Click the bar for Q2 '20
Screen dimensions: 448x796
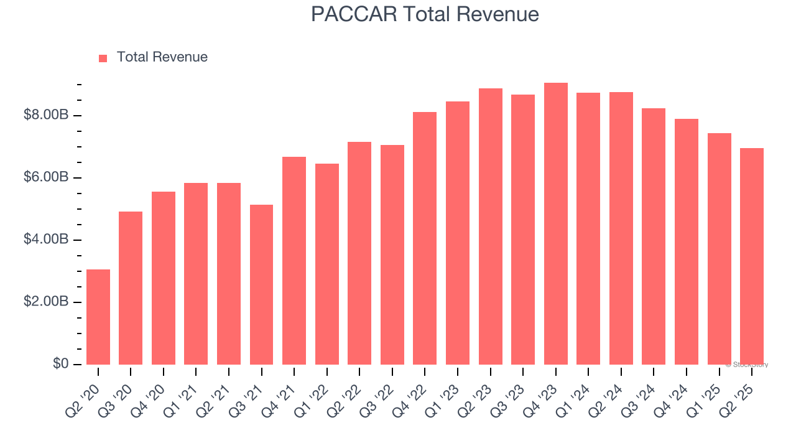tap(98, 317)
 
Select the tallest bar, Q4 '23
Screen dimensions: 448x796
tap(555, 223)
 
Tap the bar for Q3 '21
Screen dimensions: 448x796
tap(261, 284)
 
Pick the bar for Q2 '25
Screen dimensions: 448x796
tap(752, 256)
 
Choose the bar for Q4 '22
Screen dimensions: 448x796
tap(425, 238)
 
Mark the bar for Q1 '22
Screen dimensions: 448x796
tap(326, 264)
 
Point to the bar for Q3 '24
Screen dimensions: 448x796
tap(654, 236)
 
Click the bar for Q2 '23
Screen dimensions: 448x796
tap(490, 226)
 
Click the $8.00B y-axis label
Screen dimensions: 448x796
tap(46, 115)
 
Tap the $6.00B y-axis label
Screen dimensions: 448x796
tap(46, 177)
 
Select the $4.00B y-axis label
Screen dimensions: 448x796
tap(46, 240)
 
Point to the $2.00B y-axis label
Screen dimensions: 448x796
tap(46, 302)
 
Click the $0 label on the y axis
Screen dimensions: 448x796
tap(60, 363)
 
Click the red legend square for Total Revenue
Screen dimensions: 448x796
tap(103, 58)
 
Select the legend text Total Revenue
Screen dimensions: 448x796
tap(162, 57)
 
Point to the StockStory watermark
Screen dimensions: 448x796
tap(746, 365)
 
